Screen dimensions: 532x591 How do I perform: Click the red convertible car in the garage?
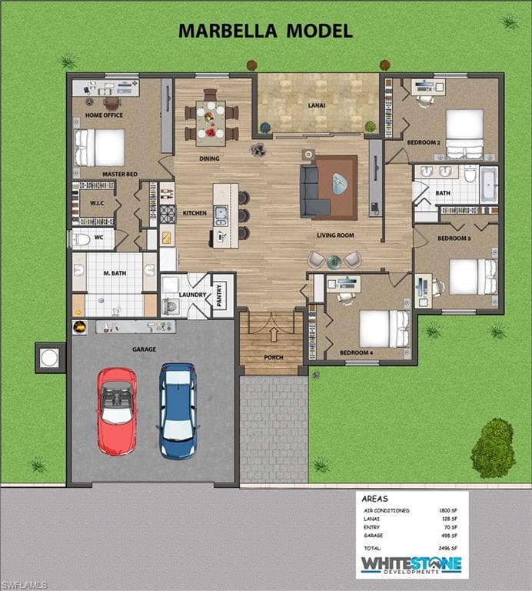click(117, 411)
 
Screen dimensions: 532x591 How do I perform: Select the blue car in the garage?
click(178, 411)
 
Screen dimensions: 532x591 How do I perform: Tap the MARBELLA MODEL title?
click(265, 31)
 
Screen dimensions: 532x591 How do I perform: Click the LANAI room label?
click(317, 105)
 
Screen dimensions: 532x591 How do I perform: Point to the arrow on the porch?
click(274, 334)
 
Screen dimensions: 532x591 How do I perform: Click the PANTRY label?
click(220, 295)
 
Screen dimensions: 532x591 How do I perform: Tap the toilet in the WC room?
click(82, 239)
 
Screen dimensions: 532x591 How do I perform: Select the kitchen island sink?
click(221, 215)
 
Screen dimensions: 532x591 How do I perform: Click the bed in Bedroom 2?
click(464, 133)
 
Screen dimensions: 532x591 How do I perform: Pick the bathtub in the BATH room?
click(489, 185)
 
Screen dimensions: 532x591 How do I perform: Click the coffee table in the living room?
click(340, 184)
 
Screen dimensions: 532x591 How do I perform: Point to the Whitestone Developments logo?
click(411, 566)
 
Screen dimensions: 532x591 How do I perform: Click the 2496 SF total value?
click(447, 549)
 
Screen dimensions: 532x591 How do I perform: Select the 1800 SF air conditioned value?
click(448, 510)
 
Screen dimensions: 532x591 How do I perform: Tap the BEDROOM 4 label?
click(356, 352)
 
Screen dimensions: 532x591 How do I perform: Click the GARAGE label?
click(144, 349)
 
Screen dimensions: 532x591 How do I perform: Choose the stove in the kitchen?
click(168, 214)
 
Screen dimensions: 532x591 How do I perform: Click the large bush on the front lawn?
click(493, 448)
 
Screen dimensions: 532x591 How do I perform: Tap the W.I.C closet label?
click(97, 203)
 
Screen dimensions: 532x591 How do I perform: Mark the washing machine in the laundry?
click(171, 306)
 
